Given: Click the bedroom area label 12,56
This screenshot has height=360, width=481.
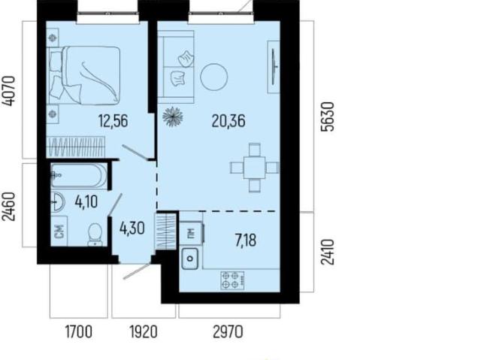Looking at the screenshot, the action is click(113, 120).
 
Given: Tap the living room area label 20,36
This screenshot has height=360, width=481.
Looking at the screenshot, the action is click(228, 121).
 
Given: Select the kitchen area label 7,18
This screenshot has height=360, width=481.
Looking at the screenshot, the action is click(246, 240).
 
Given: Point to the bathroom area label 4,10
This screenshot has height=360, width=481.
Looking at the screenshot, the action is click(86, 202).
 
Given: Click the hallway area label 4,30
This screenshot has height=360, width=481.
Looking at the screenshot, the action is click(132, 228).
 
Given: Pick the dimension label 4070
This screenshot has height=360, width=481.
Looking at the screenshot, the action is click(8, 91).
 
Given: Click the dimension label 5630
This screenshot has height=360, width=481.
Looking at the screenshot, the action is click(327, 116).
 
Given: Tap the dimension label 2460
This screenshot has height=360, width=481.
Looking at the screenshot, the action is click(8, 207).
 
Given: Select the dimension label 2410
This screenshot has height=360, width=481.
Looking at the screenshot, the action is click(327, 252).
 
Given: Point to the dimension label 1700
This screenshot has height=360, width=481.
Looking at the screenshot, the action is click(78, 331).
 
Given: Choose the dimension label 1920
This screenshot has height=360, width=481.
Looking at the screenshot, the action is click(144, 331).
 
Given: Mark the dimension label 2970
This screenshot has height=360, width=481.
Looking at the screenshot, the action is click(228, 331).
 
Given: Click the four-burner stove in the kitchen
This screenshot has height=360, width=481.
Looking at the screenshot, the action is click(232, 280).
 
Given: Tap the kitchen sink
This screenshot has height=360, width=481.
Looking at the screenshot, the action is click(190, 259).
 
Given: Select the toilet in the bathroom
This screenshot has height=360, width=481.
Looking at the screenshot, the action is click(95, 234).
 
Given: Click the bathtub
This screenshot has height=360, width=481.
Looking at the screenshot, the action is click(79, 176).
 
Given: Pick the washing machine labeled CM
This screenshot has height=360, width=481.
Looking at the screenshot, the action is click(59, 231).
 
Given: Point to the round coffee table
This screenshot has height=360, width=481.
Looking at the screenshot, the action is click(214, 77).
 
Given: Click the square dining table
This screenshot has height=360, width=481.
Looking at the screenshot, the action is click(255, 168).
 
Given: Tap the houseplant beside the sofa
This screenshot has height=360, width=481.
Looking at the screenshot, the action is click(173, 116).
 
